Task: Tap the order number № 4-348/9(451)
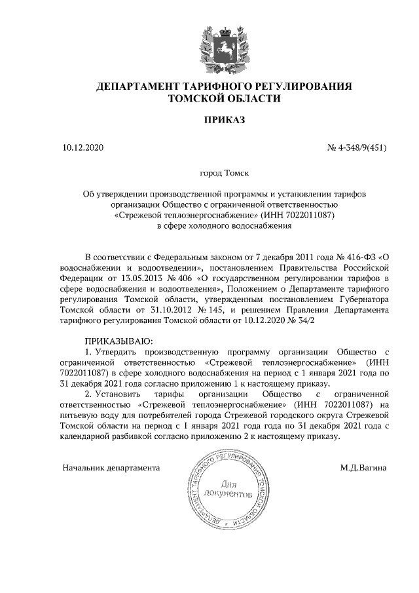357,148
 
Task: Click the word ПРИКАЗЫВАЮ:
118,341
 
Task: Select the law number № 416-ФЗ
354,256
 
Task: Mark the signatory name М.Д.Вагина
363,469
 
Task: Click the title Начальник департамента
111,469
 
